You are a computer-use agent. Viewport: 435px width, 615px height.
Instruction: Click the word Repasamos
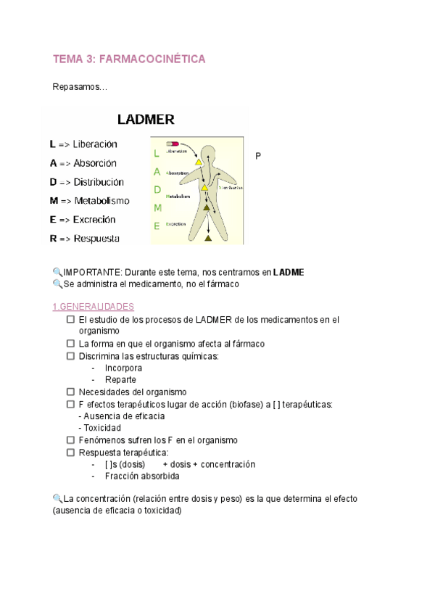79,88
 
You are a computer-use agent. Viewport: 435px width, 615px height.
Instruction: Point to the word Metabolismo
101,201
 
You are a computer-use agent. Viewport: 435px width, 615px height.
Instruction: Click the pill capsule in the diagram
173,144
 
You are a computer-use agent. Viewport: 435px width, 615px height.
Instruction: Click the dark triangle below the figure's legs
208,236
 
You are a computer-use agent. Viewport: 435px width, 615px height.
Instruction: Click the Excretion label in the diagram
176,224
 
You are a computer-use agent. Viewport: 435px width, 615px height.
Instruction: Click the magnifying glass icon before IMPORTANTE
57,272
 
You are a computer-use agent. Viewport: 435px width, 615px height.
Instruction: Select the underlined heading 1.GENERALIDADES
93,307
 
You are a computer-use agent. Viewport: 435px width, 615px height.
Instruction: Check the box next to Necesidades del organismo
70,392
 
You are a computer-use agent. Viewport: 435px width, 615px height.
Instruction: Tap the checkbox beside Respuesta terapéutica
70,452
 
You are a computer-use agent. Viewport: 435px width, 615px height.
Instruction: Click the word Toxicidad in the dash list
102,428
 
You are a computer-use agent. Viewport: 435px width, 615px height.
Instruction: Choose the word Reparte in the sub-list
120,379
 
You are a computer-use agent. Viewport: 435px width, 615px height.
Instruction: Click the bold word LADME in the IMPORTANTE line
289,273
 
